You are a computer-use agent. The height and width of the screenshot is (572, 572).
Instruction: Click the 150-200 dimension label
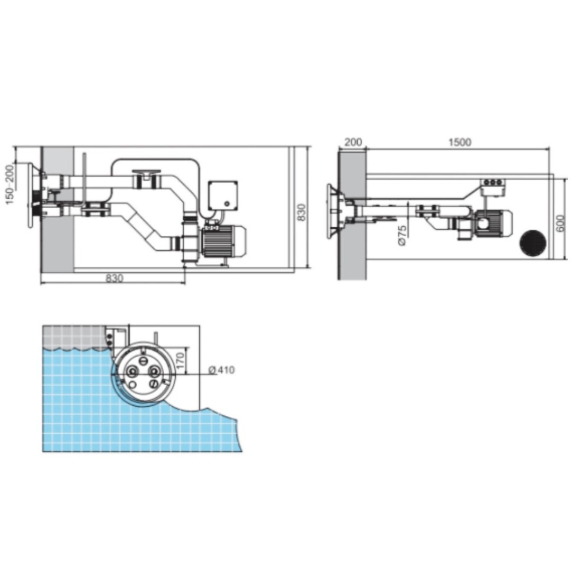coord(10,184)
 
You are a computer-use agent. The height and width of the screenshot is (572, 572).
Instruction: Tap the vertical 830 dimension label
coord(302,212)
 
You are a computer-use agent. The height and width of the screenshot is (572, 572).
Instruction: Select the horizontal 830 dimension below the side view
coord(114,279)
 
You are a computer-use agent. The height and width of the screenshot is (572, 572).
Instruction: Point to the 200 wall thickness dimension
coord(353,141)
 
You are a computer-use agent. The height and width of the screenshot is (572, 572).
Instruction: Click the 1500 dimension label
coord(460,141)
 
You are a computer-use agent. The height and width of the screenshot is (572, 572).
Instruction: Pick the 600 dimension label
coord(561,223)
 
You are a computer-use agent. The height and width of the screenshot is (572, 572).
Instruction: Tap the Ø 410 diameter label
coord(221,370)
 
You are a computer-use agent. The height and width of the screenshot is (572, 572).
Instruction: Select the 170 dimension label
coord(180,361)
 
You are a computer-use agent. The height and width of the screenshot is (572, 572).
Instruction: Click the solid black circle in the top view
coord(533,243)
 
